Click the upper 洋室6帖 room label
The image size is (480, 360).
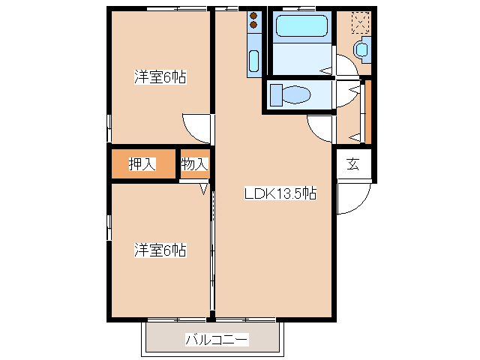point(160,76)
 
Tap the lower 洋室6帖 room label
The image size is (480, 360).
point(160,250)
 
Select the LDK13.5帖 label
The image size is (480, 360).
point(280,193)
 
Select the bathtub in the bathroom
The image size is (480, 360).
point(301,27)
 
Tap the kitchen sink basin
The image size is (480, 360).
point(253,61)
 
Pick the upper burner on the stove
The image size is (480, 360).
point(253,15)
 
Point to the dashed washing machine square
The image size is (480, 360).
point(361,22)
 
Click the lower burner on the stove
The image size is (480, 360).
point(253,25)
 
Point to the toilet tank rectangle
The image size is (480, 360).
point(275,94)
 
